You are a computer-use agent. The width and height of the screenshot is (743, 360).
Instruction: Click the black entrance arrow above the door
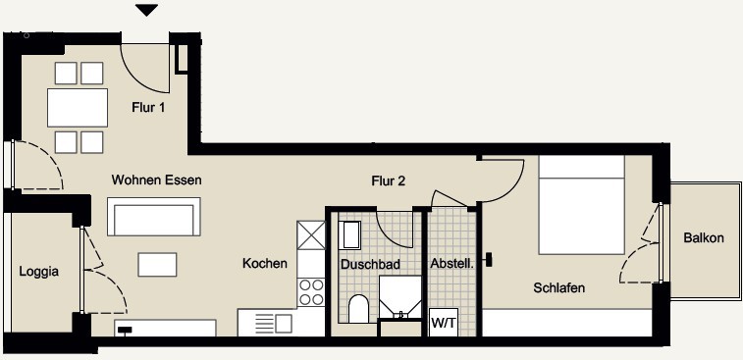click(x=146, y=10)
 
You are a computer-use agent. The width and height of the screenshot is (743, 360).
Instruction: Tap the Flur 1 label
click(x=148, y=108)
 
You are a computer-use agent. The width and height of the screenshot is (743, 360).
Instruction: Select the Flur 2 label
click(x=388, y=180)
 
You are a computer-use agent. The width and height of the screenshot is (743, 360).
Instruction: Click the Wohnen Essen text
click(x=156, y=180)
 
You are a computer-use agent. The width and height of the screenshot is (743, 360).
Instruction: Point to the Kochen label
click(x=265, y=263)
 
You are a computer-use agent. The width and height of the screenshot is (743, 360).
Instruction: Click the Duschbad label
click(x=371, y=264)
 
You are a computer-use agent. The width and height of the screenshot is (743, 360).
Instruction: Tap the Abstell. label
click(x=452, y=264)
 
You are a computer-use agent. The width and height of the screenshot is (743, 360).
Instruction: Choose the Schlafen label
click(x=559, y=287)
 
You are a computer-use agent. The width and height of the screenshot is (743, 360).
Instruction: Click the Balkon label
click(x=704, y=237)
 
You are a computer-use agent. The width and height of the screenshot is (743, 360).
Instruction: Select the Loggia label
click(x=39, y=272)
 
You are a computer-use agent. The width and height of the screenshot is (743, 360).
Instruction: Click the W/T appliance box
click(x=444, y=323)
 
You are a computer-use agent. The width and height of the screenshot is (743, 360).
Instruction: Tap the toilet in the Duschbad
click(x=358, y=309)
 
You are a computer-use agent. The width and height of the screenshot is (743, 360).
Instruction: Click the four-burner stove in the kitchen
click(x=311, y=292)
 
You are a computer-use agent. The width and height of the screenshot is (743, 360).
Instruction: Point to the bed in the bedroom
click(x=581, y=205)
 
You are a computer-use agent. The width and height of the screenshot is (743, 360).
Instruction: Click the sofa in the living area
click(x=154, y=217)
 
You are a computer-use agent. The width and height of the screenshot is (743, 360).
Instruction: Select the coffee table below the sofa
click(x=157, y=264)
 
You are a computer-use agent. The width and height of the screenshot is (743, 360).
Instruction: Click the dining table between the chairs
click(x=78, y=108)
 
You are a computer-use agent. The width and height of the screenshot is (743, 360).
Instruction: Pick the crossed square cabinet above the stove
click(x=311, y=235)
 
